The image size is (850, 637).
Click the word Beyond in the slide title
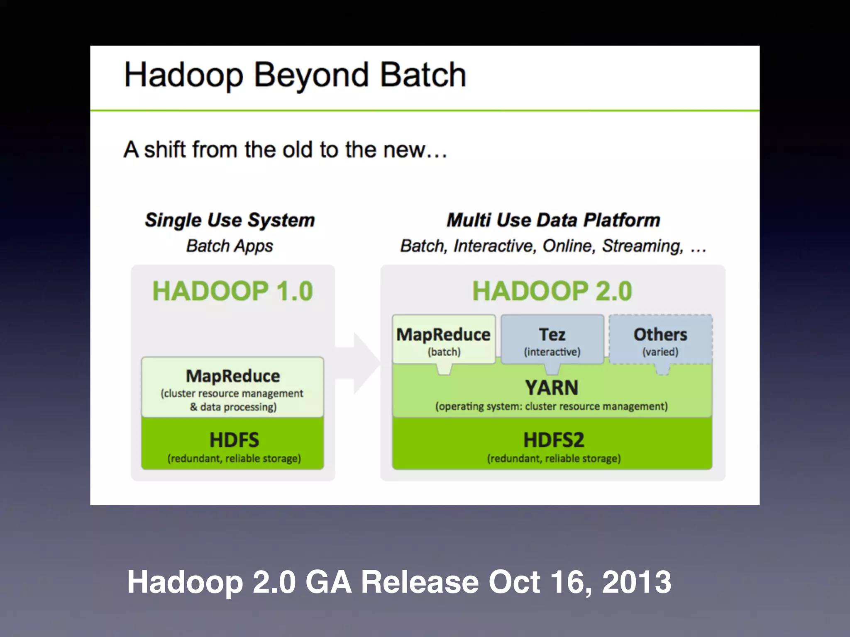310,75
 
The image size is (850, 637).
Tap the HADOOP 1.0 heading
232,291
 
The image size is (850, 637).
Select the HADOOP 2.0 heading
552,291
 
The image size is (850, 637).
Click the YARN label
552,388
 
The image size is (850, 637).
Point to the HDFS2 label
554,440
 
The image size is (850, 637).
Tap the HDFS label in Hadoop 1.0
234,440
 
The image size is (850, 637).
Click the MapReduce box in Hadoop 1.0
232,387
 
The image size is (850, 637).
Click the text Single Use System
230,220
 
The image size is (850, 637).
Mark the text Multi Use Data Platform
553,220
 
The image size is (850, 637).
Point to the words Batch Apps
230,246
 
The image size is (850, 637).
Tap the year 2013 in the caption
636,582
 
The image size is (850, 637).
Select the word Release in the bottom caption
420,582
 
